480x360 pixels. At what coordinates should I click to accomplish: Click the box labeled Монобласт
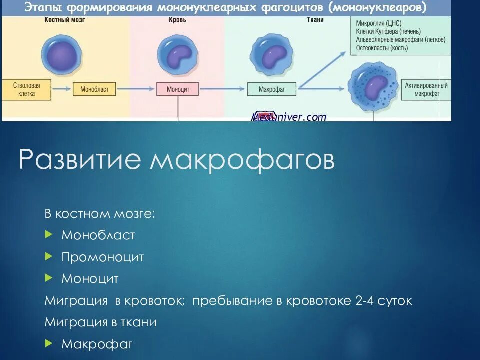coord(94,89)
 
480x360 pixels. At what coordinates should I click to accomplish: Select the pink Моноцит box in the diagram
coord(178,89)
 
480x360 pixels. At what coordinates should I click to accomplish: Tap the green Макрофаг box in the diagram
coord(271,89)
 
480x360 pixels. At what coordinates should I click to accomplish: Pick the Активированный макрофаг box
coord(426,89)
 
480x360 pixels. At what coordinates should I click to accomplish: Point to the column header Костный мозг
coord(59,20)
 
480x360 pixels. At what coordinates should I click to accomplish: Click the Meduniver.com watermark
coord(288,117)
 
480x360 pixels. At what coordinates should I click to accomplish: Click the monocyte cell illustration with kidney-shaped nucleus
coord(178,54)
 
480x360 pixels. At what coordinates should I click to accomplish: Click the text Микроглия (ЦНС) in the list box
coord(378,23)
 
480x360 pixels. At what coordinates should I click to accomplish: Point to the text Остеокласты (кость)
coord(382,48)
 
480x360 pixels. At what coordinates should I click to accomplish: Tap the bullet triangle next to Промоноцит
coord(48,256)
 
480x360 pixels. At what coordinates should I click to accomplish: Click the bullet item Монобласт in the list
coord(98,235)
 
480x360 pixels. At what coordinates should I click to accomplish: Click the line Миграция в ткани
coord(100,322)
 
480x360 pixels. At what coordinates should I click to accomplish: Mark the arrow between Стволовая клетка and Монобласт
coord(62,89)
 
